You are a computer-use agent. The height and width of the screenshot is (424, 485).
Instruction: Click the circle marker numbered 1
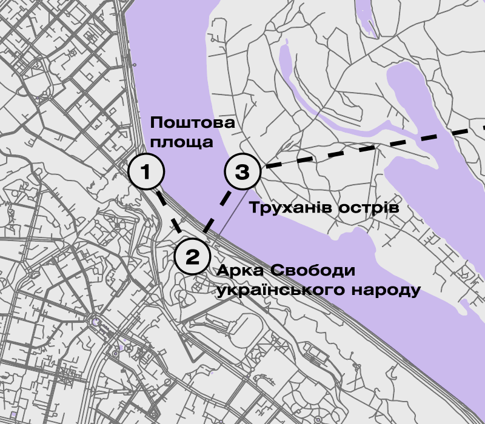coord(146,172)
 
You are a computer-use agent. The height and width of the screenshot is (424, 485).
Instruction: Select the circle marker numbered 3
coord(242,172)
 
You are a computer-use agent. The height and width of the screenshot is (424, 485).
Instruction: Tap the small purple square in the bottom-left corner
coord(14,415)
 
